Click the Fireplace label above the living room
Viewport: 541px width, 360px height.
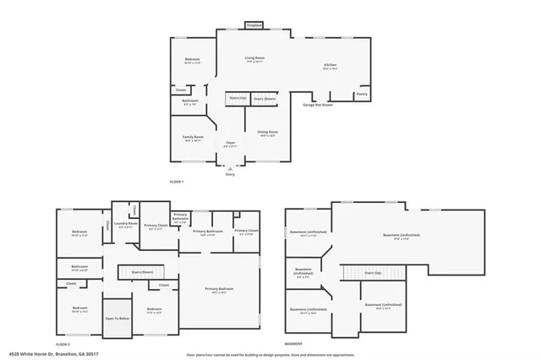tap(254, 26)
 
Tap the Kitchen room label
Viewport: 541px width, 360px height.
tap(330, 67)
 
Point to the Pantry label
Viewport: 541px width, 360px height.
tap(362, 95)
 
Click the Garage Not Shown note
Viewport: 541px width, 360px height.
tap(317, 105)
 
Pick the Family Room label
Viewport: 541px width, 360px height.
tap(193, 138)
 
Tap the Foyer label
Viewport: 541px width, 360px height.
tap(230, 145)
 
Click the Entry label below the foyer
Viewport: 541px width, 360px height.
tap(229, 174)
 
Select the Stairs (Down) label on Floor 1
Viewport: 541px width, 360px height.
tap(265, 99)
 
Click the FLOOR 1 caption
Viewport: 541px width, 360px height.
tap(177, 183)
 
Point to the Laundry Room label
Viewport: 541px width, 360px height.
tap(127, 226)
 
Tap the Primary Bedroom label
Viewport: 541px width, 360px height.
tap(219, 290)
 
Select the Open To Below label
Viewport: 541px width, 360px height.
tap(117, 318)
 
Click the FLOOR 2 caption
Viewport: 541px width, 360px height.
tap(63, 345)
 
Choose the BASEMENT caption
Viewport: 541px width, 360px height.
tap(293, 345)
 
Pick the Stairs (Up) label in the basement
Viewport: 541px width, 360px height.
tap(373, 273)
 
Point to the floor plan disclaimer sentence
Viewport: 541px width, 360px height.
tap(270, 355)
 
